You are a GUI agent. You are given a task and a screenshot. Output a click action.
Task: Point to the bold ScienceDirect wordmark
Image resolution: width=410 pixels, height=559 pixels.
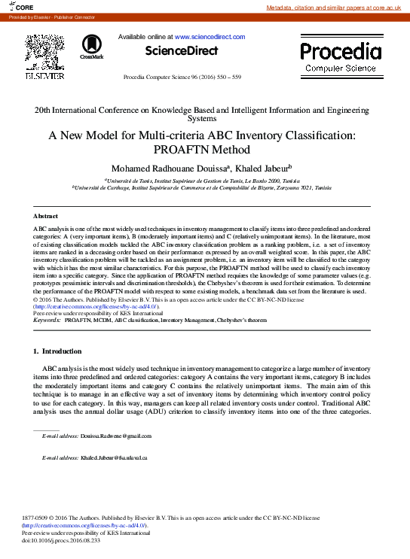pos(182,51)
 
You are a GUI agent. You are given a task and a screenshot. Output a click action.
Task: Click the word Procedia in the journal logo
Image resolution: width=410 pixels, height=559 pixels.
pos(341,51)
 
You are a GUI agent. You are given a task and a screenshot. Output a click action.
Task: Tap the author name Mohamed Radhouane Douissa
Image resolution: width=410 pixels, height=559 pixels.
pos(178,168)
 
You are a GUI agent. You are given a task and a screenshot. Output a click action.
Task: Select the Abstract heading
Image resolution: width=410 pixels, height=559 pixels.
pos(46,216)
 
